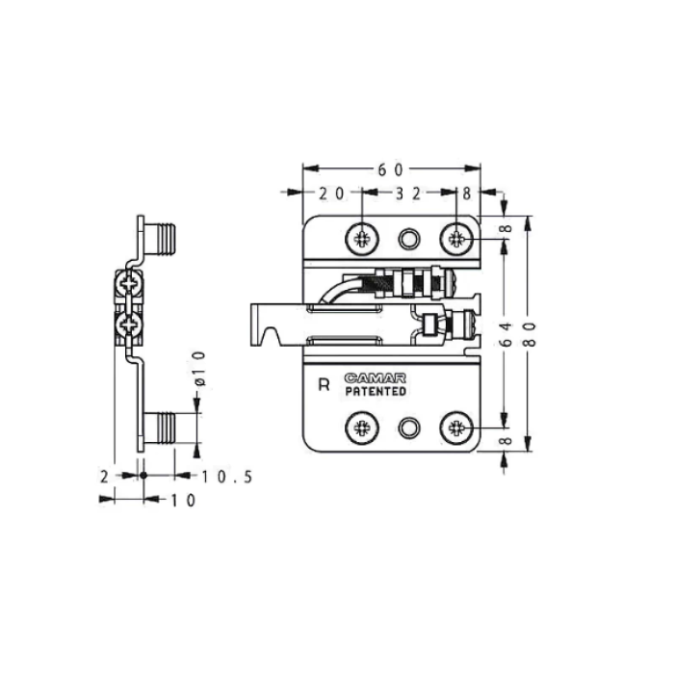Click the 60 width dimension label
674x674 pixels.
390,170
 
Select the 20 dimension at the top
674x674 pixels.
331,194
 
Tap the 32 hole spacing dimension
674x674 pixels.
407,194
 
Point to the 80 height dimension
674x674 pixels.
531,334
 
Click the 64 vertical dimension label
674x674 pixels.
506,334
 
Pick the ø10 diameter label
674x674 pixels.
200,369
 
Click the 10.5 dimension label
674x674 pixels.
226,477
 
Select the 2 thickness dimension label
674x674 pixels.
104,477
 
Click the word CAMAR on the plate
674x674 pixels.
375,378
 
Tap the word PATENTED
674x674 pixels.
376,391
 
